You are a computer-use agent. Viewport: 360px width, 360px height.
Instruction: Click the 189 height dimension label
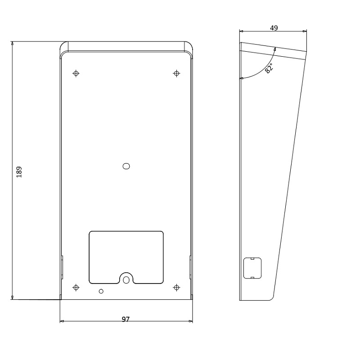click(19, 172)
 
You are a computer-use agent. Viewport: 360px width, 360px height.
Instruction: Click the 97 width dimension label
click(126, 319)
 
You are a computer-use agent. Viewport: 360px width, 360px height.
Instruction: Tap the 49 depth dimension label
click(274, 28)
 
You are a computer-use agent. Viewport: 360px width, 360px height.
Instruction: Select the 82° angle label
click(269, 68)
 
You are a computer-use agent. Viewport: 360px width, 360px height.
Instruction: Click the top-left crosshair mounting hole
click(76, 73)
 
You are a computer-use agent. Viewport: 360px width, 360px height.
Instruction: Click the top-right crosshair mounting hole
click(176, 73)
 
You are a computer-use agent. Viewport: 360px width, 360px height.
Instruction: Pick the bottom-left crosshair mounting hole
click(76, 288)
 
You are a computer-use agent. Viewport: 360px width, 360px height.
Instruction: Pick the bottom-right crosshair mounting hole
click(176, 288)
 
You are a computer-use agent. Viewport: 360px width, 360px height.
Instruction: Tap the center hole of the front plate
click(126, 166)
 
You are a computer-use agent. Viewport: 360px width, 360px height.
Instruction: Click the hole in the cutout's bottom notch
click(126, 280)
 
